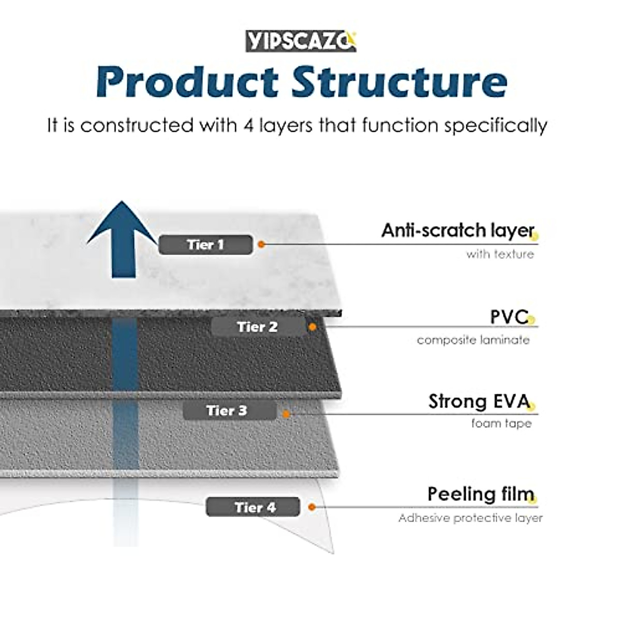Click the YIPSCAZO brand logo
301,41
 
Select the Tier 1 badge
205,245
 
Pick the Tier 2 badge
258,327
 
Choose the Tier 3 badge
230,410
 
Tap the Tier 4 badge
253,507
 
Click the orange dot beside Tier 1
261,245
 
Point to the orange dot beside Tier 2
312,327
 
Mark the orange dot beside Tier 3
286,414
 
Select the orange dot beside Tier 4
312,507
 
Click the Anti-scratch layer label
458,231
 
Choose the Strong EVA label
479,402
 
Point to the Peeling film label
481,494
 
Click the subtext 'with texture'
500,254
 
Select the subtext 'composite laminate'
473,341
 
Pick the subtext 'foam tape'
501,423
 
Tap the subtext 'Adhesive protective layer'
470,518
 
